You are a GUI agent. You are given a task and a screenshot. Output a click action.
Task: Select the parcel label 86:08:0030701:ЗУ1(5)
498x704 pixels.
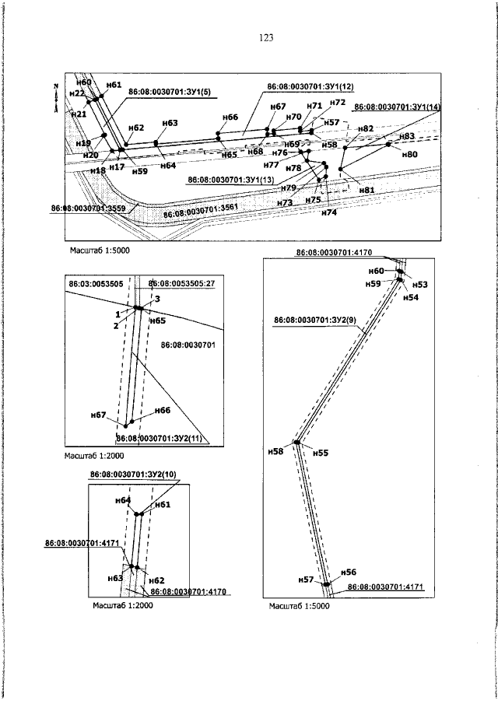click(x=170, y=92)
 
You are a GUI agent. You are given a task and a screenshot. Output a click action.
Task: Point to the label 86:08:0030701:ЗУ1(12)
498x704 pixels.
click(x=310, y=86)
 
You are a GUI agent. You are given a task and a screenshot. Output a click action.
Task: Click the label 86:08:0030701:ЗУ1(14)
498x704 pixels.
click(x=397, y=107)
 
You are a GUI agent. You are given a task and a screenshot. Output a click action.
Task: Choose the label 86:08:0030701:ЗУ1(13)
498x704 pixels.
click(x=231, y=180)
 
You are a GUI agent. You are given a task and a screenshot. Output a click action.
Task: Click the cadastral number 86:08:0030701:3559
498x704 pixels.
click(x=89, y=208)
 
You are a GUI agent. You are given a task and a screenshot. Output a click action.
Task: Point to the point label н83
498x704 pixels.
click(x=406, y=136)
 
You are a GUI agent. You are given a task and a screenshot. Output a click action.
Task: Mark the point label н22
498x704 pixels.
click(x=77, y=93)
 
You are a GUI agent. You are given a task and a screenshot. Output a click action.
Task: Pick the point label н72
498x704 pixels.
click(x=338, y=103)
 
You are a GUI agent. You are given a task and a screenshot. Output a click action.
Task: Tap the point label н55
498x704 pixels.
click(x=320, y=452)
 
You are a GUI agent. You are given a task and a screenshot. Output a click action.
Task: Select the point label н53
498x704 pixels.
click(x=420, y=285)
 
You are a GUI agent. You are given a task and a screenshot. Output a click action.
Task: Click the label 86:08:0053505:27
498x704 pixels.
click(x=181, y=284)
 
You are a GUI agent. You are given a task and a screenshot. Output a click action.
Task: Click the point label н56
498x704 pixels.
click(x=349, y=572)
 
